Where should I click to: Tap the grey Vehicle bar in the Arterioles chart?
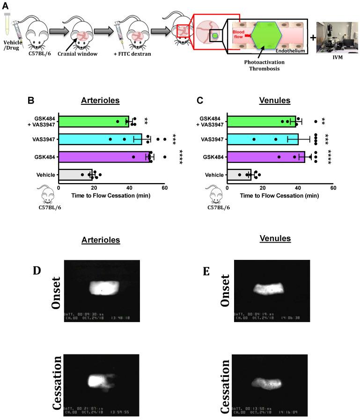click(x=75, y=175)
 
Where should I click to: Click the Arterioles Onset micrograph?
click(x=103, y=291)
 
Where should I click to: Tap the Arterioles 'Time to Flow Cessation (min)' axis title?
click(x=112, y=196)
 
